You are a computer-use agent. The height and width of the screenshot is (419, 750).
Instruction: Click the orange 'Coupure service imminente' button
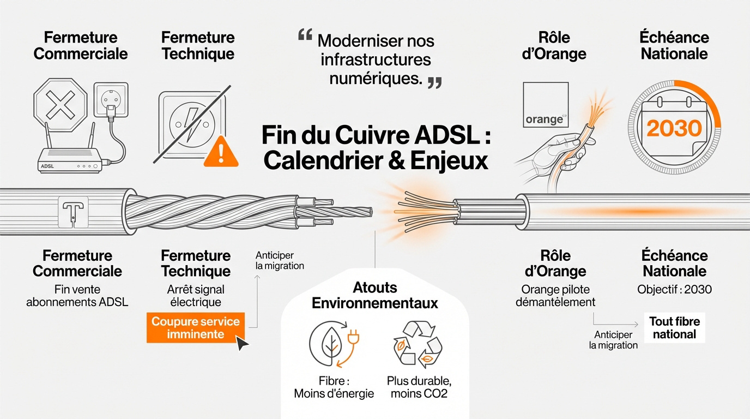[x=195, y=327]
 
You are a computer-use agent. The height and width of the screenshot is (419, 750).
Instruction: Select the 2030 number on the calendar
[x=674, y=129]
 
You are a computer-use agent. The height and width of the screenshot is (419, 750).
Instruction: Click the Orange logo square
[x=545, y=105]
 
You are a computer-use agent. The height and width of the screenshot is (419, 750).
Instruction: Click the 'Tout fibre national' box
[x=675, y=328]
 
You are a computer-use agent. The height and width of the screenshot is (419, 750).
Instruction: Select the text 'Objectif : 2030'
[x=674, y=290]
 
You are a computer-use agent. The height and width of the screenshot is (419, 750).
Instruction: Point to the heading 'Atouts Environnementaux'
[x=375, y=295]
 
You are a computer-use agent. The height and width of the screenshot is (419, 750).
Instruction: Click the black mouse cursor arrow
[x=242, y=343]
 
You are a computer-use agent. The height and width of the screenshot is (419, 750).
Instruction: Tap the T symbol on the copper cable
[x=72, y=211]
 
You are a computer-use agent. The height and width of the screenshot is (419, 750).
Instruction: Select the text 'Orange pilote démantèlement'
[x=555, y=296]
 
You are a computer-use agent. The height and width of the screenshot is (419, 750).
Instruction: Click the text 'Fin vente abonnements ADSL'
[x=77, y=296]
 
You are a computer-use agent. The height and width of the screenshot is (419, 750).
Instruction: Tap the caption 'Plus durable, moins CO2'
[x=419, y=387]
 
